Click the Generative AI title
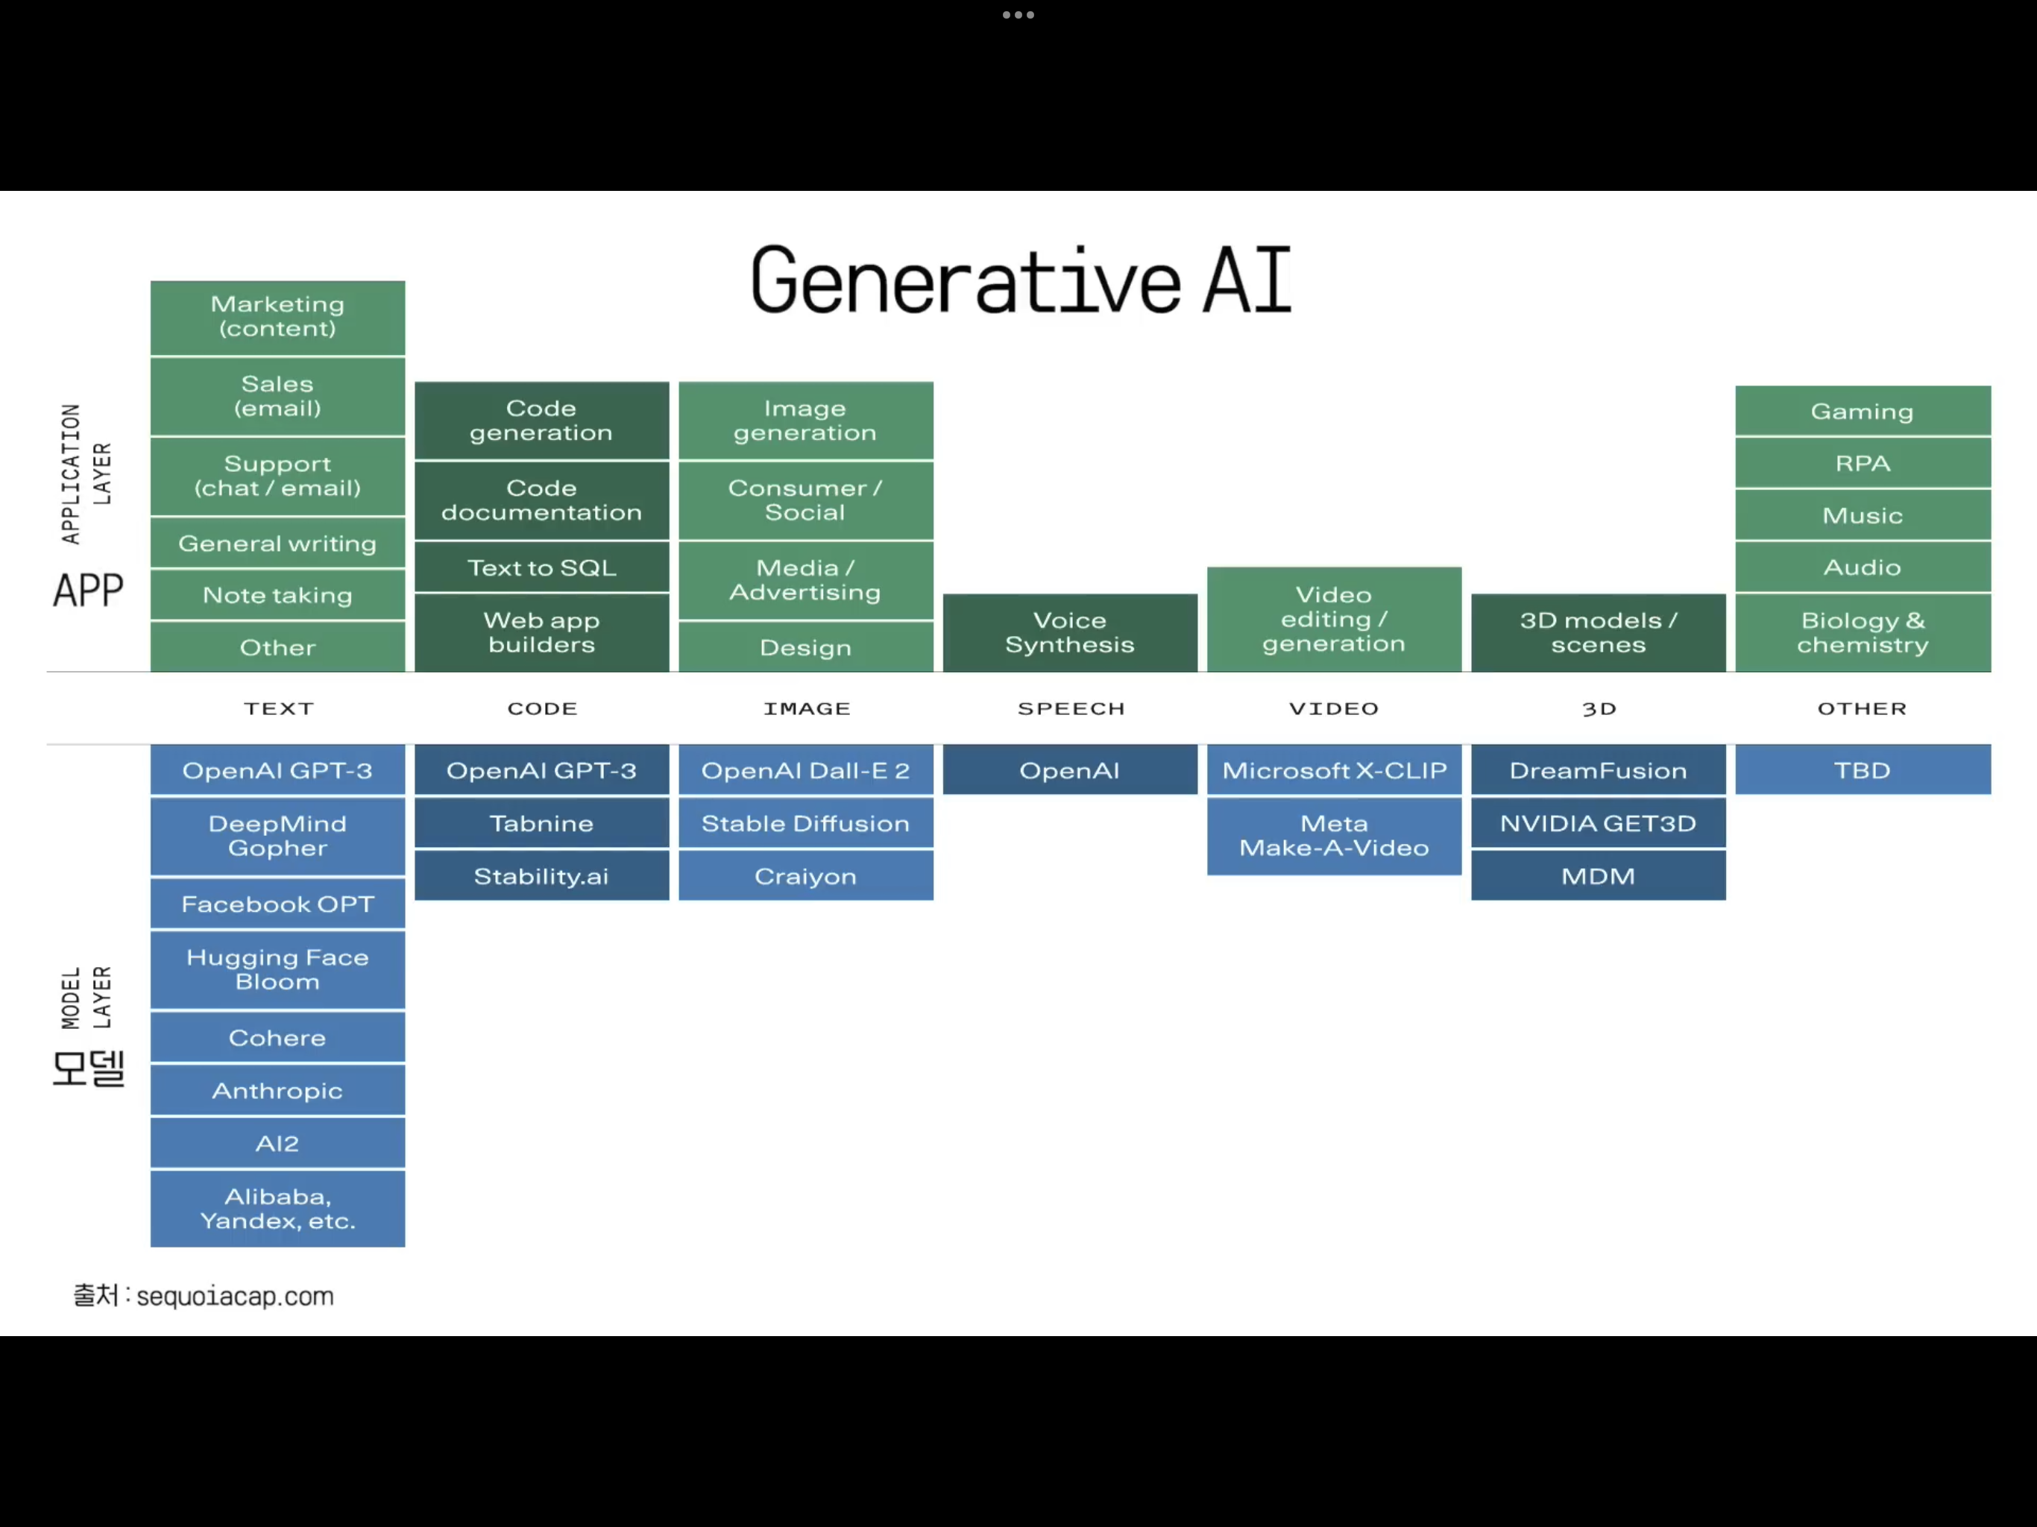click(1020, 280)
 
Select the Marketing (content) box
click(277, 317)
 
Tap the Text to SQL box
click(541, 567)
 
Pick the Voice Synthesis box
click(1069, 633)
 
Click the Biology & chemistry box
click(1862, 633)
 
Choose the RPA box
click(1862, 463)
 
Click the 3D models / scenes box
click(1598, 633)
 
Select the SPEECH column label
click(1071, 708)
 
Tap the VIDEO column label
click(1333, 708)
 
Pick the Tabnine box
click(541, 823)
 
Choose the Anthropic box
click(277, 1091)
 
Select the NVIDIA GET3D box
click(1598, 823)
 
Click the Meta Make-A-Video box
click(1333, 835)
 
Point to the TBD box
click(1862, 770)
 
